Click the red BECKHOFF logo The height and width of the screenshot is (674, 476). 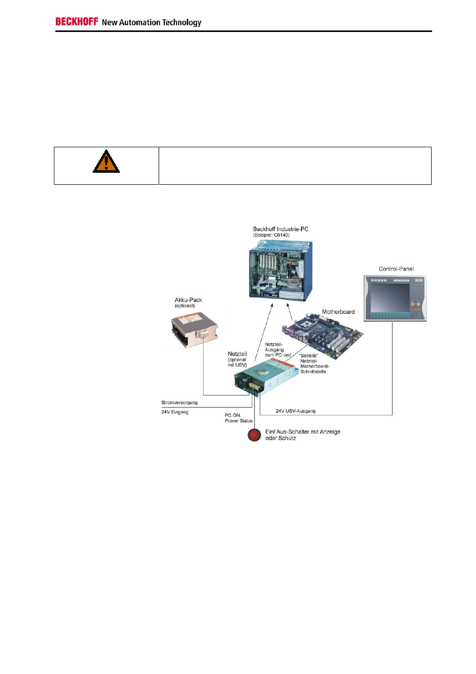click(x=77, y=21)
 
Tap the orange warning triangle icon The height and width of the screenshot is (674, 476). click(x=106, y=162)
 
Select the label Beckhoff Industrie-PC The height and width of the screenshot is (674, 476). click(x=280, y=229)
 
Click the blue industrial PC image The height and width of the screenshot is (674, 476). click(x=280, y=271)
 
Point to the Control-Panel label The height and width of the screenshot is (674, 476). click(x=396, y=269)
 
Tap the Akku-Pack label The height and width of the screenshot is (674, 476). click(x=188, y=300)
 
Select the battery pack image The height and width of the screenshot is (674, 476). click(x=195, y=330)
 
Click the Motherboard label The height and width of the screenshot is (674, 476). click(x=338, y=312)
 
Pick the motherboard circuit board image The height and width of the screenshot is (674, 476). click(x=322, y=336)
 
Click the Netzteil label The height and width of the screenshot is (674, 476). click(x=237, y=354)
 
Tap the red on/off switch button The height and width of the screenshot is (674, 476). click(x=254, y=435)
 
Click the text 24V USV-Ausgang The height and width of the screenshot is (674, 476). click(x=295, y=411)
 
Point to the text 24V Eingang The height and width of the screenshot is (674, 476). click(x=175, y=412)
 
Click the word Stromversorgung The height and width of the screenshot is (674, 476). click(x=179, y=402)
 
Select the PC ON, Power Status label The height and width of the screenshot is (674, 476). click(x=239, y=418)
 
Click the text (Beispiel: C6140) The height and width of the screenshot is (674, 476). click(x=271, y=235)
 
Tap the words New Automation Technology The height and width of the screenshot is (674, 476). click(x=152, y=22)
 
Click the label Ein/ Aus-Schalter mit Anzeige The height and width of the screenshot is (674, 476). click(x=303, y=432)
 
